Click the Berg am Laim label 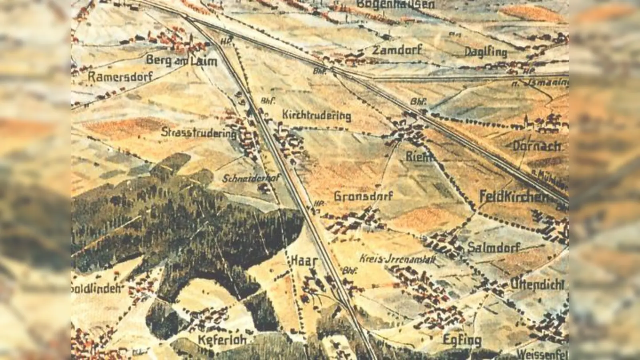181,61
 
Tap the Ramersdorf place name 120,76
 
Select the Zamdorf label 397,50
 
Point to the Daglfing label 486,52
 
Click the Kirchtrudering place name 316,115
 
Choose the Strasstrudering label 198,132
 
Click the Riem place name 419,157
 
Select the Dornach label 537,146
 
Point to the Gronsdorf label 363,196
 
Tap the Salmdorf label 493,248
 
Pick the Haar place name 304,261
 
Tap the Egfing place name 462,340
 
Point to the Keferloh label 222,340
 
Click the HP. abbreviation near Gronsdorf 318,202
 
